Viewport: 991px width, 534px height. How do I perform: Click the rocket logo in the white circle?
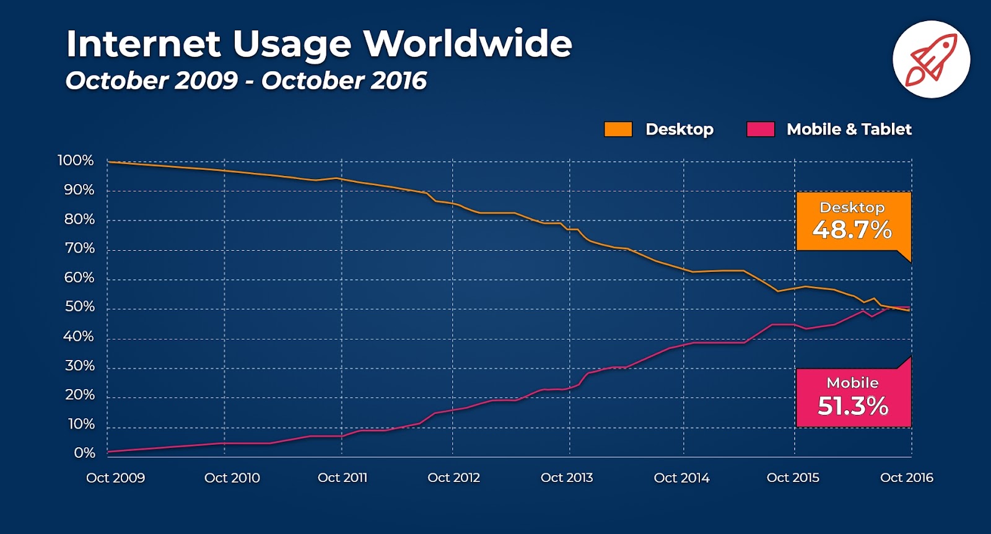point(931,59)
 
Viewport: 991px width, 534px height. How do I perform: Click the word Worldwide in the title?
point(467,44)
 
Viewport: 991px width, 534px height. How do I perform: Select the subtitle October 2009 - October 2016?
point(246,81)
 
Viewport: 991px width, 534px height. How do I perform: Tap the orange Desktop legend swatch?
point(618,129)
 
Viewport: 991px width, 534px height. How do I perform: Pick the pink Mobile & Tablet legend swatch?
point(760,129)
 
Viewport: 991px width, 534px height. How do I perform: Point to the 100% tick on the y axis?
point(76,160)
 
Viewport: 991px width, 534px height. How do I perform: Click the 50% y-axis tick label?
point(79,307)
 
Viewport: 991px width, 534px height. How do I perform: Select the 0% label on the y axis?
point(84,453)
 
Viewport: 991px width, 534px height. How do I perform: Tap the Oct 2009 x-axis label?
point(115,478)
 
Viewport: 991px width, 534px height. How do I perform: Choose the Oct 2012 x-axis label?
point(453,478)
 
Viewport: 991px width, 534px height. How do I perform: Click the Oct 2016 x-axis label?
point(906,478)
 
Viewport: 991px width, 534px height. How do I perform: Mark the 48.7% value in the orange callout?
point(852,230)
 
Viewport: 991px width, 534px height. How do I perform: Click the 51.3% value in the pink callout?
point(853,406)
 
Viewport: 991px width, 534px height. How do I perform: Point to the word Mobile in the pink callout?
point(852,383)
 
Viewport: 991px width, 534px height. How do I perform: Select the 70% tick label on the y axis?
point(79,248)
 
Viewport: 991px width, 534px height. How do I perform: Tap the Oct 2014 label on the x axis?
point(681,478)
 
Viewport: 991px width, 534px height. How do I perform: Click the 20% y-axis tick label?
point(79,395)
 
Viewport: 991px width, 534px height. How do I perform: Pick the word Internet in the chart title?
point(143,44)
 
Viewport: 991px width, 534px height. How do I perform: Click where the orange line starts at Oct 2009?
point(108,162)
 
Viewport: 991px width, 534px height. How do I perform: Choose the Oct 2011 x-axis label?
point(342,478)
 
